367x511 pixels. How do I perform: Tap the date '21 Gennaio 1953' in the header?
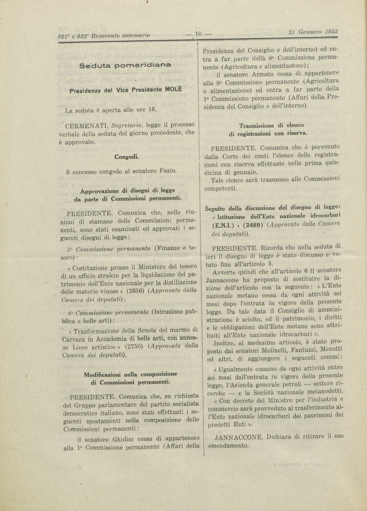click(313, 32)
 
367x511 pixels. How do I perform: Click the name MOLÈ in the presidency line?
click(173, 89)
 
